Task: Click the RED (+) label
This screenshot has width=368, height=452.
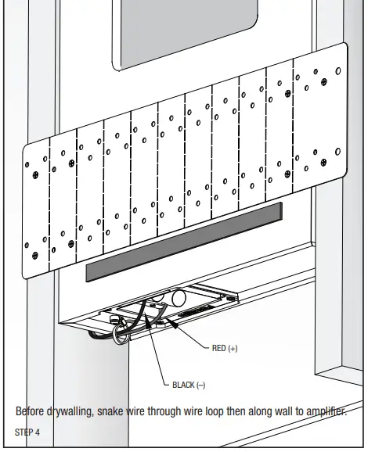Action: (225, 349)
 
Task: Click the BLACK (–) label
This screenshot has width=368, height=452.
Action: (188, 385)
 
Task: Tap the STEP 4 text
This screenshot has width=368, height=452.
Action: (29, 432)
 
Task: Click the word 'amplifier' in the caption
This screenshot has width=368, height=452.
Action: (323, 411)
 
